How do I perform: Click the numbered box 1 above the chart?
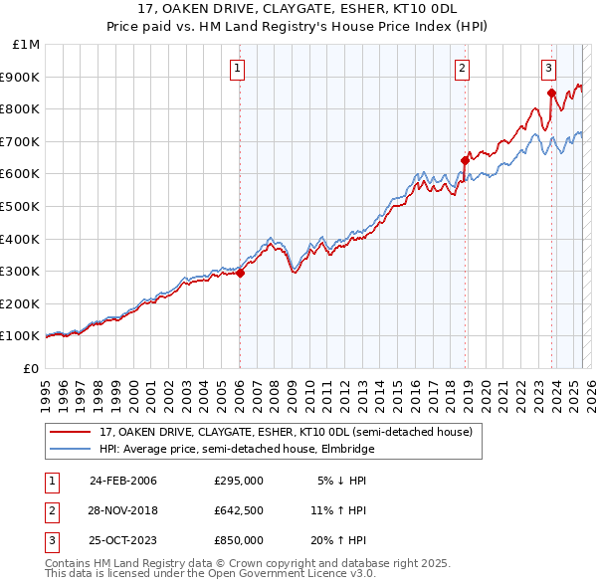[239, 69]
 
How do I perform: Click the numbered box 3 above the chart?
[549, 69]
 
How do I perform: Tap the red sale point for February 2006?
[240, 273]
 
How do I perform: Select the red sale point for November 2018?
[465, 159]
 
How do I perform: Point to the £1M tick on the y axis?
[27, 45]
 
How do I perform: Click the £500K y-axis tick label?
[22, 206]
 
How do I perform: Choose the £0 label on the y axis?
[32, 368]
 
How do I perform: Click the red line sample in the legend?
[71, 432]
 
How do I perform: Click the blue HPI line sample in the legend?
[71, 450]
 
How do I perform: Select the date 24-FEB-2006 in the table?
[123, 481]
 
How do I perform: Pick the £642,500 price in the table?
[238, 510]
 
